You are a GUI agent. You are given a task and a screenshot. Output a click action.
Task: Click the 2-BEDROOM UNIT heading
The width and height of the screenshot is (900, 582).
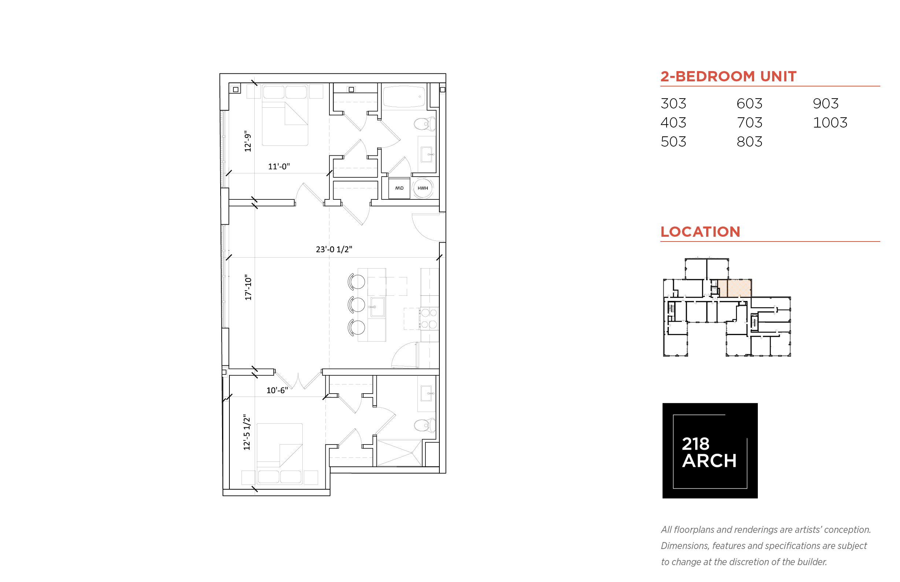pos(728,76)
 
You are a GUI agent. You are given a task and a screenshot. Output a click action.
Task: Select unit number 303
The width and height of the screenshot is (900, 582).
pos(673,104)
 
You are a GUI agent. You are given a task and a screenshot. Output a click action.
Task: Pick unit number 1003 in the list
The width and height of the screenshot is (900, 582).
pos(830,122)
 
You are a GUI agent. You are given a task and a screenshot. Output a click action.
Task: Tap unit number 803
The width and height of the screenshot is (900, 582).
pos(749,142)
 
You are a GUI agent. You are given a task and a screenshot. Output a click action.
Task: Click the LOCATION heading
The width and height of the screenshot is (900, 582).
pos(700,232)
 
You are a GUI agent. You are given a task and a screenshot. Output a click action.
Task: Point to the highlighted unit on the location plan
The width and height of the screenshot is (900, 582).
pos(734,288)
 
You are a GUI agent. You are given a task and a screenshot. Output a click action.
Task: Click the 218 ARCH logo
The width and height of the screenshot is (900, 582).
pos(709,450)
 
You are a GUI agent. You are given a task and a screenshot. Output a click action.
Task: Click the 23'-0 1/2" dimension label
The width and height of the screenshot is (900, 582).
pos(333,250)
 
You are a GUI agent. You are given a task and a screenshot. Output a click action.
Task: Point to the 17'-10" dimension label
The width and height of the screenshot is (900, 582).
pos(248,288)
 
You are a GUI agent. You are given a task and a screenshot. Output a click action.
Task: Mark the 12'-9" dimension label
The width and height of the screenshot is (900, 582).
pos(247,141)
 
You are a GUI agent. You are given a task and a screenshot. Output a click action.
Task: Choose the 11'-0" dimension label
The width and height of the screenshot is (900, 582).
pos(279,167)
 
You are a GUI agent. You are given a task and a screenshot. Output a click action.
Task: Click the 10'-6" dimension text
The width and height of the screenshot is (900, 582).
pos(277,390)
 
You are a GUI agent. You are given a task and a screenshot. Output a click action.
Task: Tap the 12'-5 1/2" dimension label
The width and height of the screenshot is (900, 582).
pos(247,432)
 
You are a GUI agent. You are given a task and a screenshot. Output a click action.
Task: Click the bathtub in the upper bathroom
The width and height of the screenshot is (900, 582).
pos(403,96)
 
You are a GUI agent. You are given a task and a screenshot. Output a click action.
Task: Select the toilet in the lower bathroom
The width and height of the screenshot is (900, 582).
pos(425,425)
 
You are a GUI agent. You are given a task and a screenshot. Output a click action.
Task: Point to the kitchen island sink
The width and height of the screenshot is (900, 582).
pos(377,307)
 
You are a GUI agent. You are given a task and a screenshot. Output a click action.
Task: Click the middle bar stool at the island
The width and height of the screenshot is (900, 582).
pos(356,305)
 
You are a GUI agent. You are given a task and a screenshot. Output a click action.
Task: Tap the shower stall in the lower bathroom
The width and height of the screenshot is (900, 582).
pos(399,453)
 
